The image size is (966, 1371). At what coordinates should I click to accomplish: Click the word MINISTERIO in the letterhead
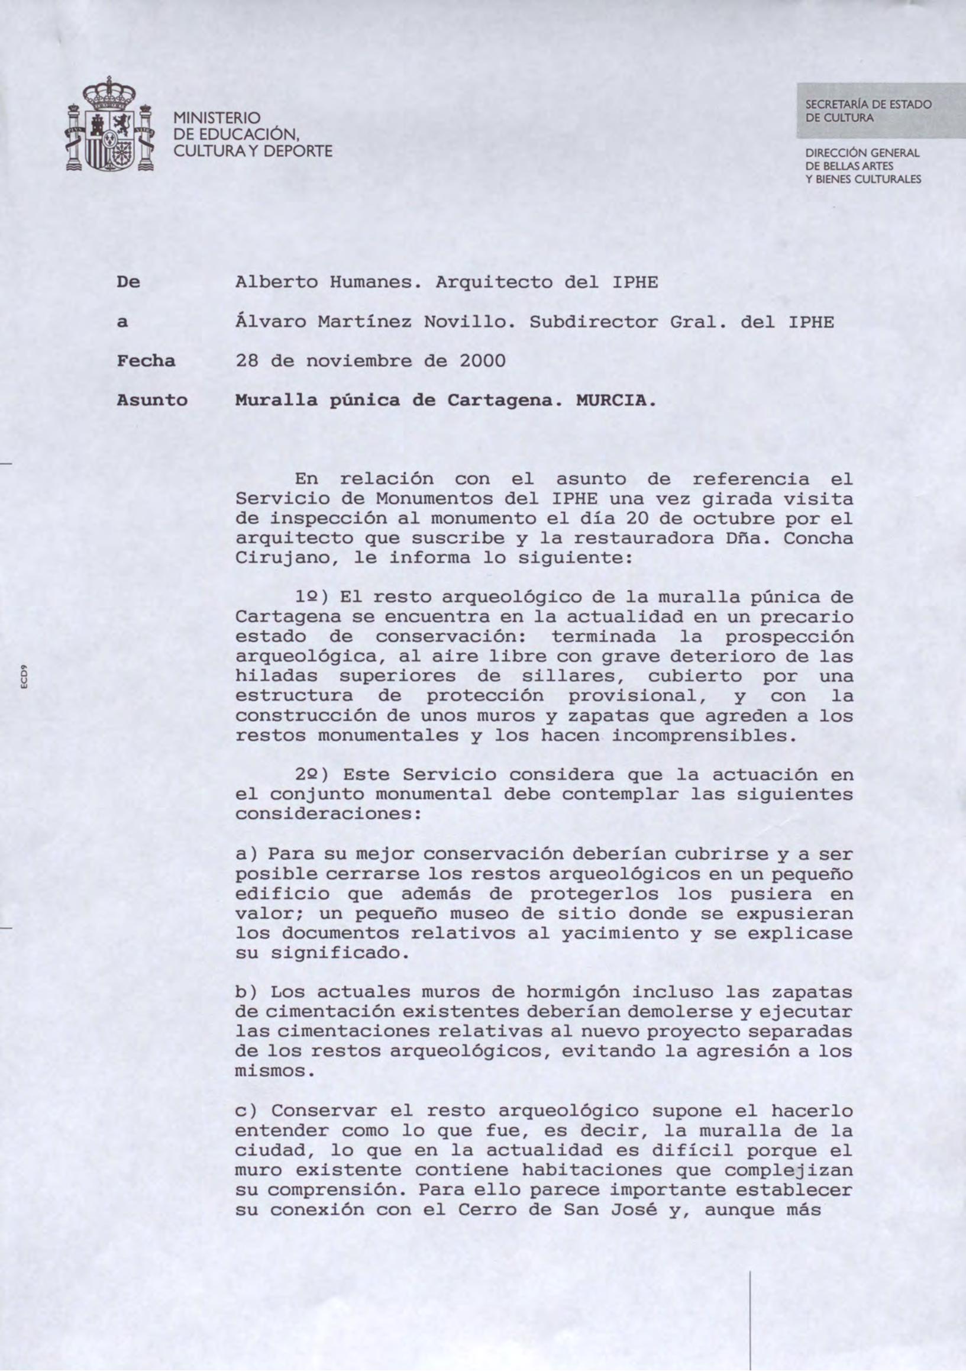[217, 118]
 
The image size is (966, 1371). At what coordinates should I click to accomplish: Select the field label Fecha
[146, 362]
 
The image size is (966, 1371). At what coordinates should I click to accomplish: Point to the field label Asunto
[151, 400]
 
